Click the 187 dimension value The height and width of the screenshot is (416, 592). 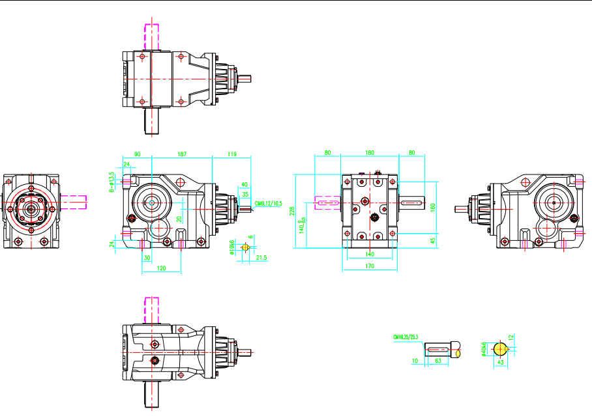[182, 154]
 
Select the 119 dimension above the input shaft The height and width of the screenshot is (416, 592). [232, 154]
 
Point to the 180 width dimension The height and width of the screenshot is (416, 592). [370, 153]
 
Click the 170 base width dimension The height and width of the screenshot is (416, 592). [370, 266]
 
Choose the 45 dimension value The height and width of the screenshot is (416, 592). [433, 240]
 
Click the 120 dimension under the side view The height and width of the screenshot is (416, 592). [160, 268]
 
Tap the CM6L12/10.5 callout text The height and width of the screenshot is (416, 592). [268, 202]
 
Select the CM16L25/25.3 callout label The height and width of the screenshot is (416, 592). [406, 337]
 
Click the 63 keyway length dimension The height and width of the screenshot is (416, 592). [438, 359]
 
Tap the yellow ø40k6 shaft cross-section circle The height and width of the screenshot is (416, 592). [501, 350]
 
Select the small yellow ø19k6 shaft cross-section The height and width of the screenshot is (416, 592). [245, 247]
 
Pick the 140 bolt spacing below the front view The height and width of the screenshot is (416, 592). [369, 254]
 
